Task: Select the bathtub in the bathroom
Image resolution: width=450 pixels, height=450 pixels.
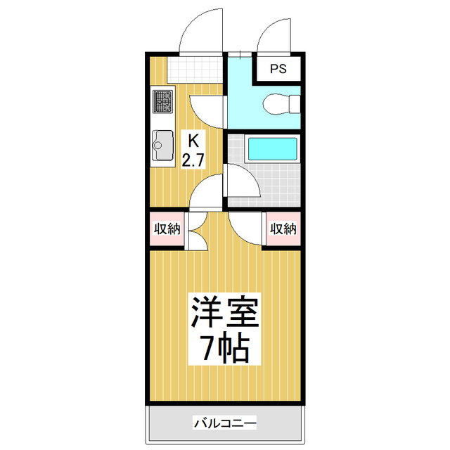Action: (x=273, y=149)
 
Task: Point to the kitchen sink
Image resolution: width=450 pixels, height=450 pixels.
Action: (x=162, y=146)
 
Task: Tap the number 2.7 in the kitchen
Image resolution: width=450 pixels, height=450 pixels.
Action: (x=193, y=160)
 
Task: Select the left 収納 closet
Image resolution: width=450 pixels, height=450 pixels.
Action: (x=167, y=229)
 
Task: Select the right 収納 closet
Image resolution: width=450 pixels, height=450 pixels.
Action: (x=283, y=229)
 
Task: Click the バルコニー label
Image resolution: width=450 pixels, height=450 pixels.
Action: (x=225, y=423)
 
